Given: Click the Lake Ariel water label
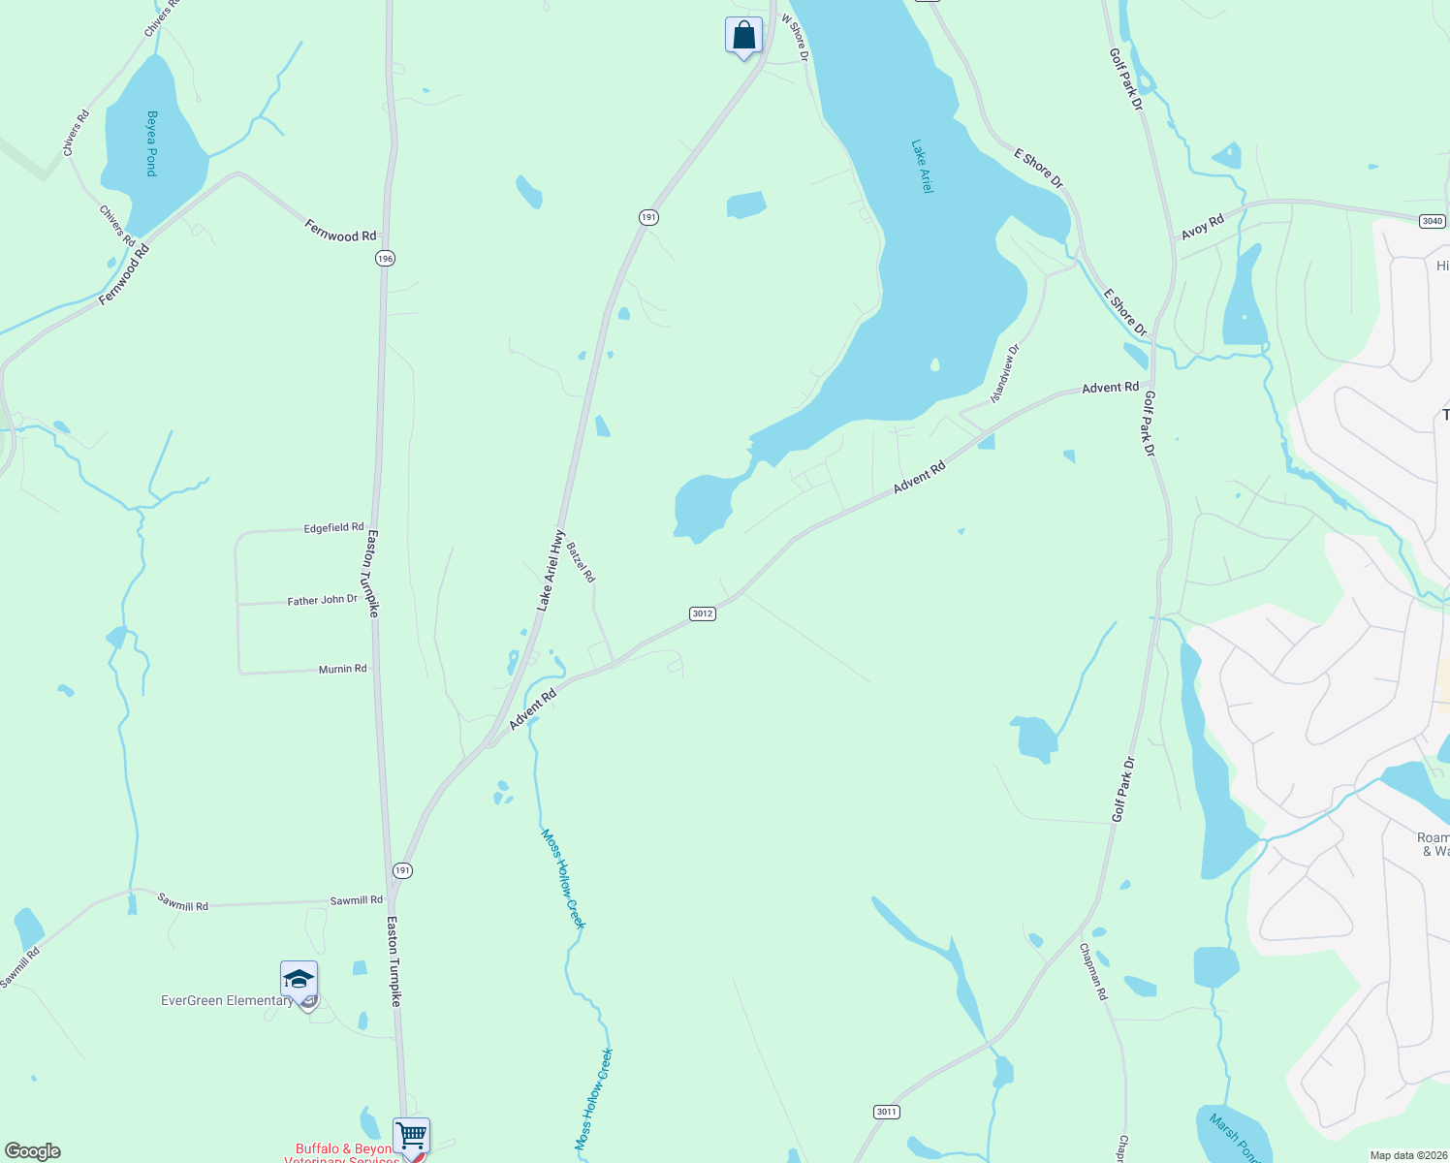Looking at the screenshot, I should (922, 167).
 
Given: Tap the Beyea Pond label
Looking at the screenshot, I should (151, 143).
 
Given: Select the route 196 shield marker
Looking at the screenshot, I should (386, 259).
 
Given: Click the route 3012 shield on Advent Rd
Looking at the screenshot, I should (703, 613).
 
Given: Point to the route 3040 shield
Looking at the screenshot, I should (1433, 221).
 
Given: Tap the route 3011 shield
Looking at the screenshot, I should (887, 1112).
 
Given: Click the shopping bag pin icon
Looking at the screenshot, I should (743, 36).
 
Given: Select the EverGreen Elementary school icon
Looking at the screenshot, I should (299, 980).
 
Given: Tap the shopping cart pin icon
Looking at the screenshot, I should (411, 1134).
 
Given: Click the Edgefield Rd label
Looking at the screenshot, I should (333, 528).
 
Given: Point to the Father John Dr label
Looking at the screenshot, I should (323, 601).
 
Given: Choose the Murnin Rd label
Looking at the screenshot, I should (343, 669).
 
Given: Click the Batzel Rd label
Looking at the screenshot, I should (582, 562).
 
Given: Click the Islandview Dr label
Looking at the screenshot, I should (1005, 374).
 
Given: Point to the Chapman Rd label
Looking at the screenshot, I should (1092, 971).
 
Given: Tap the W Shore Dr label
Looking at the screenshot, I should (795, 39).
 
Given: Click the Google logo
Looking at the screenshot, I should (33, 1151).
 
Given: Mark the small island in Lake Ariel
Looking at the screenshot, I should (934, 365).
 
